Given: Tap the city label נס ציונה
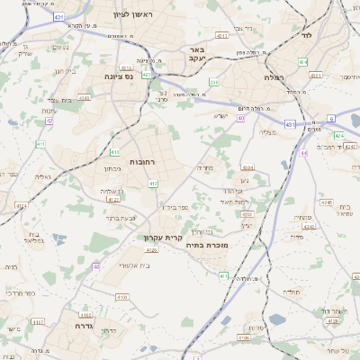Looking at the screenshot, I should [118, 76].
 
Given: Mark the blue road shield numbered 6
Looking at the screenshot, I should [330, 118].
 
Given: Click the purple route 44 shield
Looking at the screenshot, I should [304, 153].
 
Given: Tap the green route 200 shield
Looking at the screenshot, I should [213, 82].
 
